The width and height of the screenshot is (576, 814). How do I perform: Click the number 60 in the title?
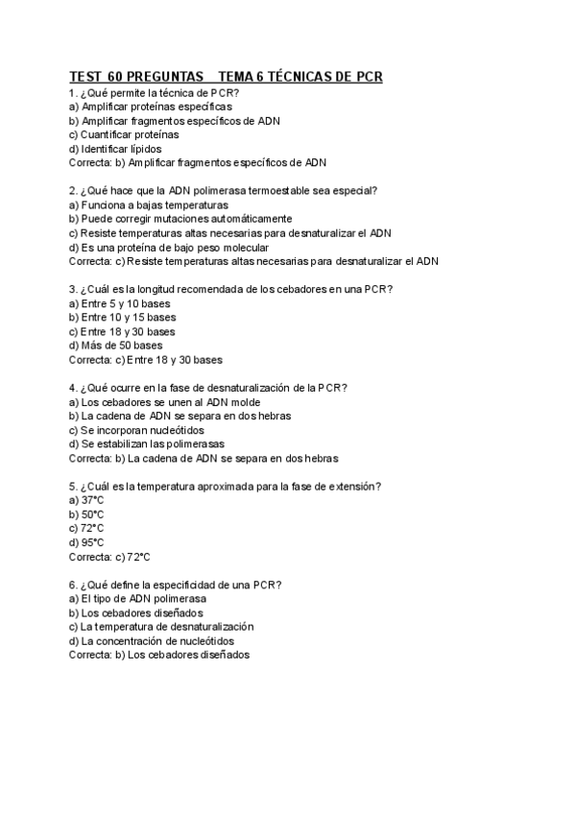coord(114,76)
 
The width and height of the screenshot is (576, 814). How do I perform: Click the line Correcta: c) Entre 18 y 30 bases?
coord(146,360)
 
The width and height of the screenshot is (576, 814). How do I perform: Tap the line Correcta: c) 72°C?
coord(110,556)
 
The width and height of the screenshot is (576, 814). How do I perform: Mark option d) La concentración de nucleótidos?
coord(152,640)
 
